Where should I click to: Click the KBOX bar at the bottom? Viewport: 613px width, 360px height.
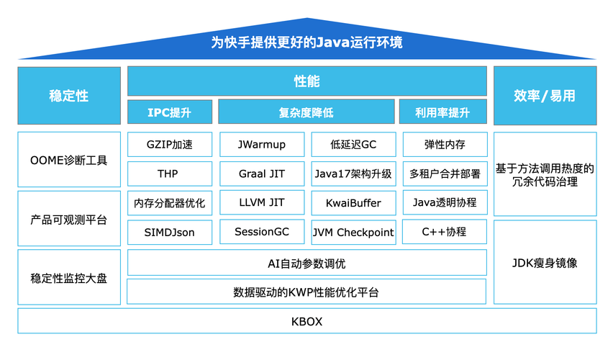pyautogui.click(x=306, y=321)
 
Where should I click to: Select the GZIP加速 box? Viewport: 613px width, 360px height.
pyautogui.click(x=170, y=145)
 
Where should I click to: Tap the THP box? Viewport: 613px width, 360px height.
pyautogui.click(x=170, y=174)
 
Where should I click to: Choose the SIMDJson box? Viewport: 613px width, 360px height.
pyautogui.click(x=170, y=232)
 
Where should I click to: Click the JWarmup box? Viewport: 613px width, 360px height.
pyautogui.click(x=261, y=145)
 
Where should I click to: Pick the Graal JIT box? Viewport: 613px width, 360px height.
pyautogui.click(x=261, y=174)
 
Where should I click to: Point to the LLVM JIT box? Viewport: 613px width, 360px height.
pyautogui.click(x=261, y=203)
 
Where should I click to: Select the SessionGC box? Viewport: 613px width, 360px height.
pyautogui.click(x=261, y=232)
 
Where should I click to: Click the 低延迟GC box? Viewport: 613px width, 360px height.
pyautogui.click(x=353, y=145)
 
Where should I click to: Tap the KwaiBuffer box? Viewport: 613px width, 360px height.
pyautogui.click(x=353, y=203)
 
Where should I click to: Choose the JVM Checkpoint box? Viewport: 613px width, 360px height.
pyautogui.click(x=353, y=232)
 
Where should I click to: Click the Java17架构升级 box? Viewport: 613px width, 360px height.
pyautogui.click(x=353, y=174)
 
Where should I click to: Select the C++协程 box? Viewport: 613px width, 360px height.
pyautogui.click(x=445, y=232)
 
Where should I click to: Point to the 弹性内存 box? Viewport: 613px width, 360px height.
pyautogui.click(x=445, y=145)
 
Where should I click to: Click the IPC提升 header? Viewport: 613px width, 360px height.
pyautogui.click(x=170, y=112)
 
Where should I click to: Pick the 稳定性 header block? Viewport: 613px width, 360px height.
pyautogui.click(x=69, y=96)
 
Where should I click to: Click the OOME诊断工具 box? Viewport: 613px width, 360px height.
pyautogui.click(x=69, y=160)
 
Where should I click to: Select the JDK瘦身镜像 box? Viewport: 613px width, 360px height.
pyautogui.click(x=545, y=263)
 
